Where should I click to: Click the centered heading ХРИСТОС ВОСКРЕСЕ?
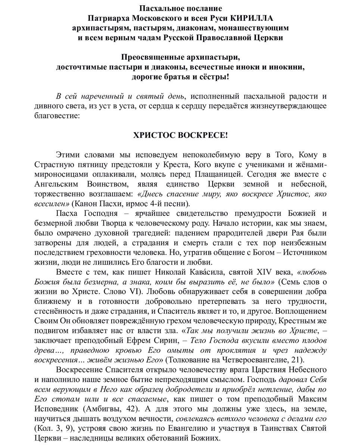tap(180, 135)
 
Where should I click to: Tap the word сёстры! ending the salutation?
tap(212, 78)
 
